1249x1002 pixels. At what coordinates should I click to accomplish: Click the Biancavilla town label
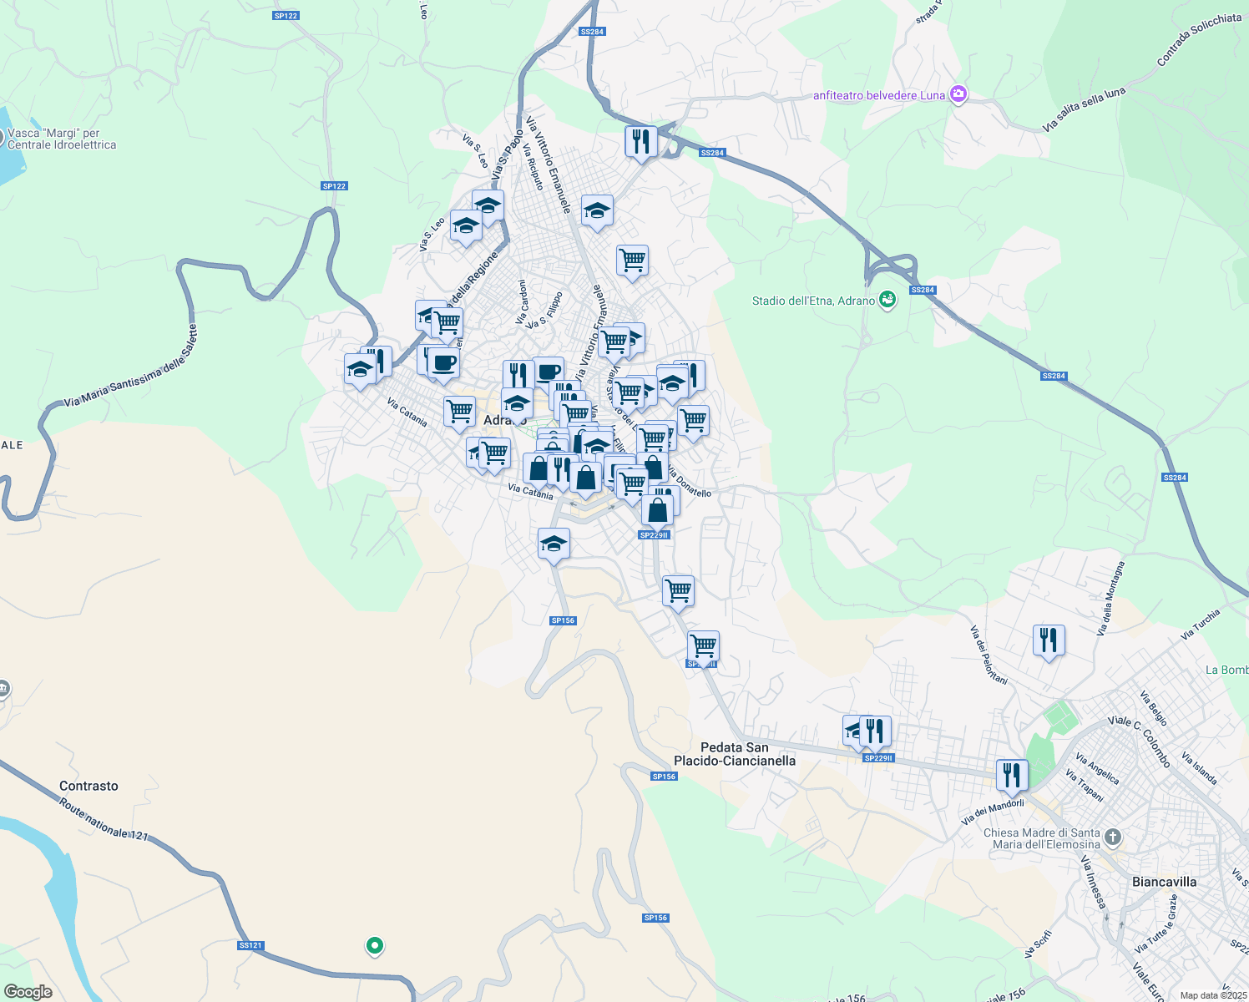coord(1164,882)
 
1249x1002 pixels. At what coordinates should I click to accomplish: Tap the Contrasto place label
coord(88,786)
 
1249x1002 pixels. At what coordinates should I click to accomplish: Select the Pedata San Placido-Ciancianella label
coord(735,754)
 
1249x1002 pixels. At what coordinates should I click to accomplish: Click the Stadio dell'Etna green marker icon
coord(887,300)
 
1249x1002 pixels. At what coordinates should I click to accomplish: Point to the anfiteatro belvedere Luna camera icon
coord(958,94)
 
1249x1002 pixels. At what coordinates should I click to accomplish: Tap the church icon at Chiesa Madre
coord(1112,837)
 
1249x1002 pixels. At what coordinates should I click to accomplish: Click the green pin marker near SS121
coord(375,945)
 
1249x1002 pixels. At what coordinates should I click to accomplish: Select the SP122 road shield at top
coord(286,16)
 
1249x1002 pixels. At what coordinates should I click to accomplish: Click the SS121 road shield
coord(250,945)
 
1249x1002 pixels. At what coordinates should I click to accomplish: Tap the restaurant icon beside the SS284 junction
coord(640,141)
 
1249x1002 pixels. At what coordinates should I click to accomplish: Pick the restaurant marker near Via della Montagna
coord(1049,640)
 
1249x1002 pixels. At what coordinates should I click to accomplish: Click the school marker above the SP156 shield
coord(554,544)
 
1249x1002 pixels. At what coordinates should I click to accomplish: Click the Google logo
coord(28,991)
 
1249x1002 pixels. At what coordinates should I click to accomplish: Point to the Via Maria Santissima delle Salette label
coord(132,367)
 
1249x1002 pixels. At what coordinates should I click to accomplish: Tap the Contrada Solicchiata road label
coord(1199,39)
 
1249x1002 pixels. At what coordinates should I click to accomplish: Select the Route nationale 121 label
coord(104,820)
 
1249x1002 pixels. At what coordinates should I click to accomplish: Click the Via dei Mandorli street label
coord(992,812)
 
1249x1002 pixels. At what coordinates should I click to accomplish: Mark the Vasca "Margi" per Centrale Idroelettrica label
coord(62,139)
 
